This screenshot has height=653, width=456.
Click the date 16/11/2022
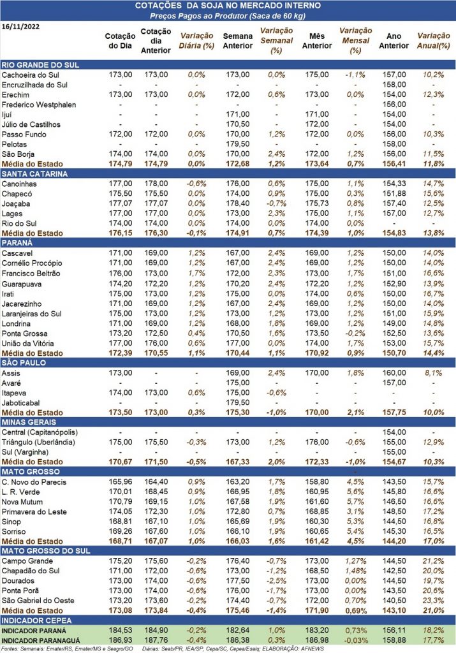pos(21,27)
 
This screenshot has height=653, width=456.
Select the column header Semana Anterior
pos(237,41)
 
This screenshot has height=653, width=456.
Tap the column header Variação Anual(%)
pos(434,41)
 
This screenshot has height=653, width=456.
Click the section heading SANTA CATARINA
pos(34,173)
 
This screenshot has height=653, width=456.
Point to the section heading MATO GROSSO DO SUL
pos(46,550)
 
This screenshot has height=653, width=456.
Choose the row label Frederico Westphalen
pos(39,105)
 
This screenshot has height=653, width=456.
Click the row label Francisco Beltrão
pos(31,273)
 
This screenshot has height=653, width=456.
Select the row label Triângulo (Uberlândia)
pos(38,443)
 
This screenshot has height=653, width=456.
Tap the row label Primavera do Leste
pos(34,512)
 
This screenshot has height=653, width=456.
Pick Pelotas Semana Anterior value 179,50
pos(238,144)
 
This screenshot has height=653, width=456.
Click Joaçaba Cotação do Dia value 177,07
pos(121,203)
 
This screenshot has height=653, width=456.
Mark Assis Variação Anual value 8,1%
pos(434,372)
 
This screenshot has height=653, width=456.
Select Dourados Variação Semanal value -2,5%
pos(276,580)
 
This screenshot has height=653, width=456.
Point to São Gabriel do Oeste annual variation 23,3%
pos(434,601)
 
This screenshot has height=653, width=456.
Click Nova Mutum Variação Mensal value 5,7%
pos(355,502)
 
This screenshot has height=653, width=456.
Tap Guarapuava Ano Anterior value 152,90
pos(394,284)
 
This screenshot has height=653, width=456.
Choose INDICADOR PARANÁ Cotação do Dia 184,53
pos(121,631)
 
